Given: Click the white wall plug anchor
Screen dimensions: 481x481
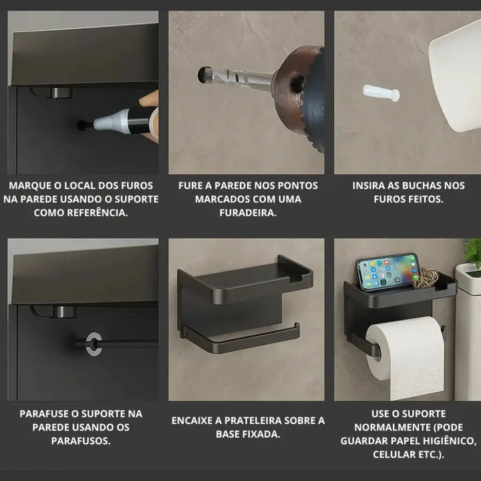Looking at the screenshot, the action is (x=381, y=94).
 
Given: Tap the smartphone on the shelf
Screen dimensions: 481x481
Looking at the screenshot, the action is (x=388, y=271).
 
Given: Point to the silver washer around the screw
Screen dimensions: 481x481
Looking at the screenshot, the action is (x=94, y=343).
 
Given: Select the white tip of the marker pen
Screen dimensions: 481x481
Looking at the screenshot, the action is (x=108, y=120).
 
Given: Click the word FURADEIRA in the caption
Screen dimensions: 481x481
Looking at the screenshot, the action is (x=248, y=212).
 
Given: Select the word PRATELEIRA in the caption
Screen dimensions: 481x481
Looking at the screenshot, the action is (x=259, y=421).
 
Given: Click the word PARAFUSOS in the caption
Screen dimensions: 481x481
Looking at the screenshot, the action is (x=81, y=441).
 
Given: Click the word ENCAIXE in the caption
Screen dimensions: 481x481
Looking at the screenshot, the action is (x=192, y=421).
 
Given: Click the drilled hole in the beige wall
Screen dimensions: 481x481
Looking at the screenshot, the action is (x=202, y=74).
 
